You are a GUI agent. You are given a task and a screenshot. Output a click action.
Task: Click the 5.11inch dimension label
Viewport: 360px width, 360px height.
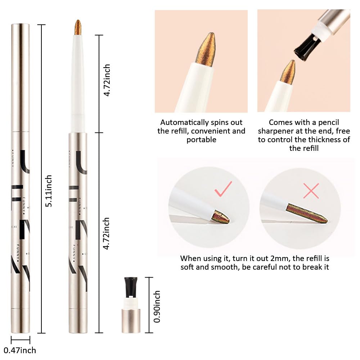[x=49, y=191]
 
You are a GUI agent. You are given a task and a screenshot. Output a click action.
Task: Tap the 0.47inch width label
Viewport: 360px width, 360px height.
[x=20, y=350]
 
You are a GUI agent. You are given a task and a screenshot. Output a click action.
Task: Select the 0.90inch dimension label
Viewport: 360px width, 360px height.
[x=157, y=306]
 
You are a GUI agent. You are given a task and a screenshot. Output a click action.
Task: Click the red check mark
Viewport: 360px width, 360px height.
[x=223, y=189]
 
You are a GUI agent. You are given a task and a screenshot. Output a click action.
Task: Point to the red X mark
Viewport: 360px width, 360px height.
[x=311, y=191]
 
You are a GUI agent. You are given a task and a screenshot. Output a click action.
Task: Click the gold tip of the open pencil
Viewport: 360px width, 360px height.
[x=78, y=27]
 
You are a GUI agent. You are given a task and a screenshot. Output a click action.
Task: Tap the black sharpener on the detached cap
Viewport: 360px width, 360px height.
[x=131, y=287]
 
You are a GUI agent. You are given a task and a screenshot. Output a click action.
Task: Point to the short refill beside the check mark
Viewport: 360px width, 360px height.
[x=220, y=217]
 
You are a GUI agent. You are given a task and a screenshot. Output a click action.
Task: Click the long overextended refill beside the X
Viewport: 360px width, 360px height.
[x=307, y=213]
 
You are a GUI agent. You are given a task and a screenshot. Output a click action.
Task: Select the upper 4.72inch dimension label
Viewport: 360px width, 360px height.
[x=107, y=80]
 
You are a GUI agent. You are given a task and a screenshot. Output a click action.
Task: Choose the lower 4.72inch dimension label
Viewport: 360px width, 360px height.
[x=106, y=234]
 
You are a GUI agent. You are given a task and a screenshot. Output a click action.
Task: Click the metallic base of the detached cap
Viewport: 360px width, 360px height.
[x=131, y=321]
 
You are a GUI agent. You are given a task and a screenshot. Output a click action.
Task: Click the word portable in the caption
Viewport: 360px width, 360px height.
[x=201, y=140]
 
